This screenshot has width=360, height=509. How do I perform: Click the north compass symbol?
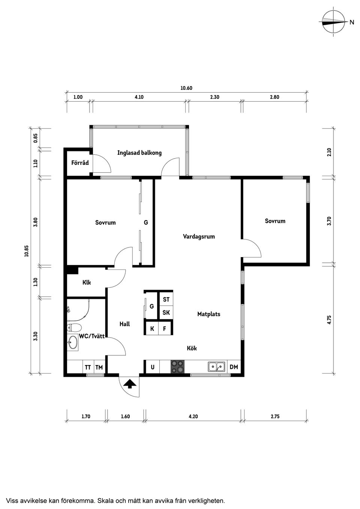[334, 22]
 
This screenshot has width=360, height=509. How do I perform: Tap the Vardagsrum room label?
[199, 237]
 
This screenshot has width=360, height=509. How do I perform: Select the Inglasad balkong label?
[139, 153]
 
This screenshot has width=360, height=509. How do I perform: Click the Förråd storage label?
[80, 163]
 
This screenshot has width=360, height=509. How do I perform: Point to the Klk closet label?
[87, 282]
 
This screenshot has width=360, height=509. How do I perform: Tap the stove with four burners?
[178, 367]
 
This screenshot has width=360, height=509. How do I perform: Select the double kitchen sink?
[216, 367]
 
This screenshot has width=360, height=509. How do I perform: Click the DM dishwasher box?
[234, 367]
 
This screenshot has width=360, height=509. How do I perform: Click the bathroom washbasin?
[73, 342]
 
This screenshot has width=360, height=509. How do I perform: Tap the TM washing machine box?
[99, 367]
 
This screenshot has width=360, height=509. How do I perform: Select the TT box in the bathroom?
[88, 367]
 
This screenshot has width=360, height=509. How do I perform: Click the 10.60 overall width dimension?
[186, 88]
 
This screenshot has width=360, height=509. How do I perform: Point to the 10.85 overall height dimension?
[26, 251]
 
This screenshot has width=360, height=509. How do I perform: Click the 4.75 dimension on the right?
[329, 319]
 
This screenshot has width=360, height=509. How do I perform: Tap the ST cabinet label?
[166, 299]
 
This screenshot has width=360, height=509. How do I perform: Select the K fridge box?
[152, 329]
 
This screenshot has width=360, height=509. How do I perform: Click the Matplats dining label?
[208, 314]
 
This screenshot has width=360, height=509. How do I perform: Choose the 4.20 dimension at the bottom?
[193, 416]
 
